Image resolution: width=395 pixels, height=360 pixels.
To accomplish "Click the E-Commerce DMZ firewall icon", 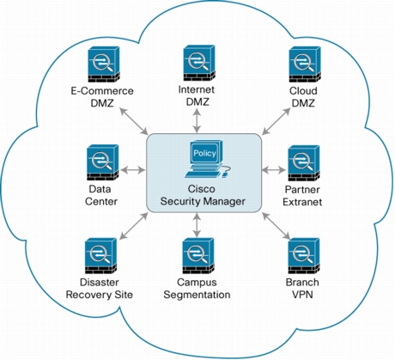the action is pyautogui.click(x=104, y=64).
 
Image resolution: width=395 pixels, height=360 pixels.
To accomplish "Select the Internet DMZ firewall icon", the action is pyautogui.click(x=199, y=63).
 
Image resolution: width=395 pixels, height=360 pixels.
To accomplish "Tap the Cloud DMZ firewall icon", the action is pyautogui.click(x=305, y=64).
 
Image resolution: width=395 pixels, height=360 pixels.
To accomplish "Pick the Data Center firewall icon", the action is pyautogui.click(x=102, y=162).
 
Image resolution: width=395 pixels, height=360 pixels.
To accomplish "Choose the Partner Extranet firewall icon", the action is pyautogui.click(x=304, y=163).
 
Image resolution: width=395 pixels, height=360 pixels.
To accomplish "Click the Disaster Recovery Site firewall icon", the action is pyautogui.click(x=100, y=256).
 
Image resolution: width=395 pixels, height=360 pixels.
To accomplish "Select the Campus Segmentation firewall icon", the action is pyautogui.click(x=198, y=256).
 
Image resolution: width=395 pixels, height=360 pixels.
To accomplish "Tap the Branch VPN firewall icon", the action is pyautogui.click(x=304, y=256).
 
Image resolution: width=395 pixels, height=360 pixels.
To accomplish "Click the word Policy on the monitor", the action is pyautogui.click(x=204, y=153).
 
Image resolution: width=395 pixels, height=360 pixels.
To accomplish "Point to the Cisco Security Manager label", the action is pyautogui.click(x=203, y=195).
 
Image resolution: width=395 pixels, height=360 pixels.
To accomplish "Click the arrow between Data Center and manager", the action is pyautogui.click(x=133, y=170).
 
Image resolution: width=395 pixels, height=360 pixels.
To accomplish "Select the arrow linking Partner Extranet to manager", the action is pyautogui.click(x=274, y=170).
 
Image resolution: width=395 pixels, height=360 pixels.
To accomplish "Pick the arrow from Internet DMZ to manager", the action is pyautogui.click(x=197, y=120).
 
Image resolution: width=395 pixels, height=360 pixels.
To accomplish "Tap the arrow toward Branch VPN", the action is pyautogui.click(x=276, y=226).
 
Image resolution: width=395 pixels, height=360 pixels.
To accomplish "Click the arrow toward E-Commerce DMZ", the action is pyautogui.click(x=134, y=121).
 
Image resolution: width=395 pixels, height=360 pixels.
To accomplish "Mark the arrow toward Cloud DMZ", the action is pyautogui.click(x=276, y=121).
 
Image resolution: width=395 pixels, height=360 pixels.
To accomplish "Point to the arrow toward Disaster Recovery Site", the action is pyautogui.click(x=134, y=226).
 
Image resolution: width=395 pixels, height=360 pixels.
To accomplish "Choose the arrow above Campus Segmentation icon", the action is pyautogui.click(x=197, y=225).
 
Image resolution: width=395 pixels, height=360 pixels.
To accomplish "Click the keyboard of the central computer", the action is pyautogui.click(x=202, y=174).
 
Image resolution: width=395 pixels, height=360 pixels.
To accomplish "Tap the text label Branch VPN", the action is pyautogui.click(x=302, y=288).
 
